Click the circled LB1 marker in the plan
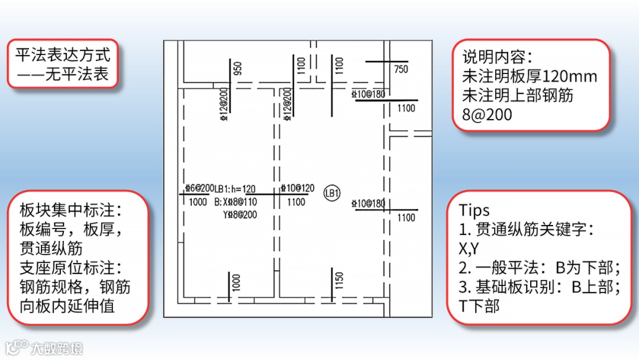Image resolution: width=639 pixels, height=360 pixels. tap(332, 193)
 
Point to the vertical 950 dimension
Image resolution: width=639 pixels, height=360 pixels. tap(238, 68)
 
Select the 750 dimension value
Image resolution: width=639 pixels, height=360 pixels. tap(401, 69)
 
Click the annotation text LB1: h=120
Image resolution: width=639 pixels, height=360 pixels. tap(235, 189)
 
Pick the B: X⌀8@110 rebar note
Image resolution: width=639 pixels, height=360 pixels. tap(235, 202)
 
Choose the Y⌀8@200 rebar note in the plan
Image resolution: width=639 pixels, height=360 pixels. tap(240, 214)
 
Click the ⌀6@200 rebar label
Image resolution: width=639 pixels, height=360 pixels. tap(199, 188)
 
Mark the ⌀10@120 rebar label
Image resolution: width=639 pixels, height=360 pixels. tap(298, 188)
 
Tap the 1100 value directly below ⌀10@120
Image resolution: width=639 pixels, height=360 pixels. tap(296, 202)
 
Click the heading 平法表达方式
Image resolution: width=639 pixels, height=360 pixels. tap(63, 55)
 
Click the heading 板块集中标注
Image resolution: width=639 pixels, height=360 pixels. tap(70, 210)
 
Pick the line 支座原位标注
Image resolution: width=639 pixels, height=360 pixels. tap(70, 267)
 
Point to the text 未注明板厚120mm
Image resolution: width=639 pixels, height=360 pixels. tap(530, 76)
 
